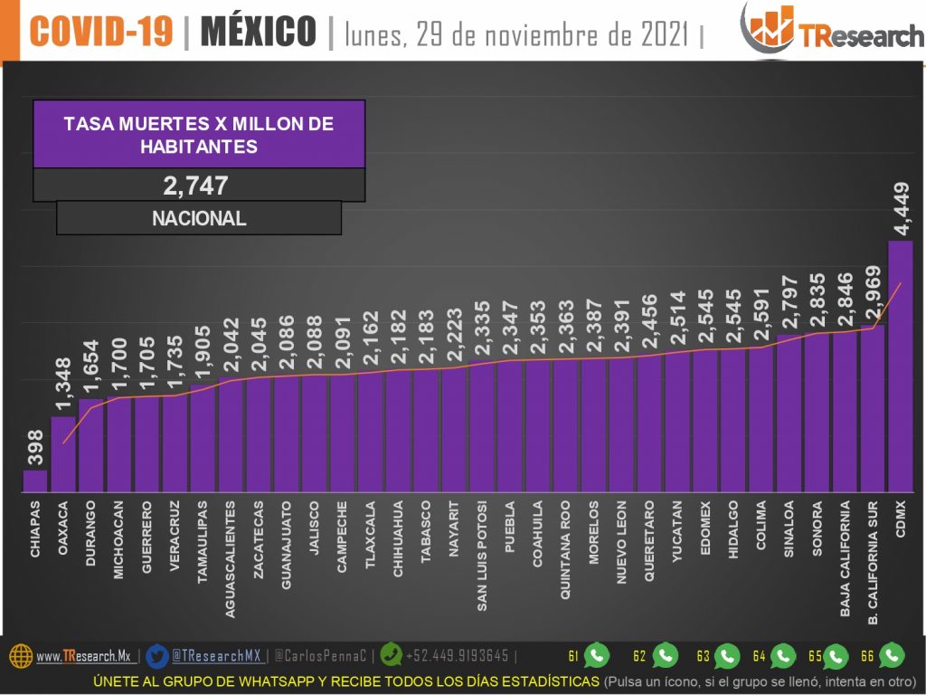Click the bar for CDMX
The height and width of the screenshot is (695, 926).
click(901, 367)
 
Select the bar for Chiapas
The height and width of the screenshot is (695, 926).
click(35, 481)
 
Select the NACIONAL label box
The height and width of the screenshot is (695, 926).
click(199, 218)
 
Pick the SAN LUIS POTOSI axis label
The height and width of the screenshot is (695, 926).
click(482, 556)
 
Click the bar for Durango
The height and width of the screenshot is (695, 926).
click(91, 445)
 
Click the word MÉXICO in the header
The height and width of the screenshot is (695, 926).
click(258, 33)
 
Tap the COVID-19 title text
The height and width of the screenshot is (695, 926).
click(100, 33)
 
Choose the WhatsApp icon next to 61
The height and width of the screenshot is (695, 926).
click(597, 655)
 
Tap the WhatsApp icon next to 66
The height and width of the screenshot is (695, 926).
click(892, 655)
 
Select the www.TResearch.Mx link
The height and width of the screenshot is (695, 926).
click(84, 656)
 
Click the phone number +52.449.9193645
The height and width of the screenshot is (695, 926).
click(457, 656)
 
